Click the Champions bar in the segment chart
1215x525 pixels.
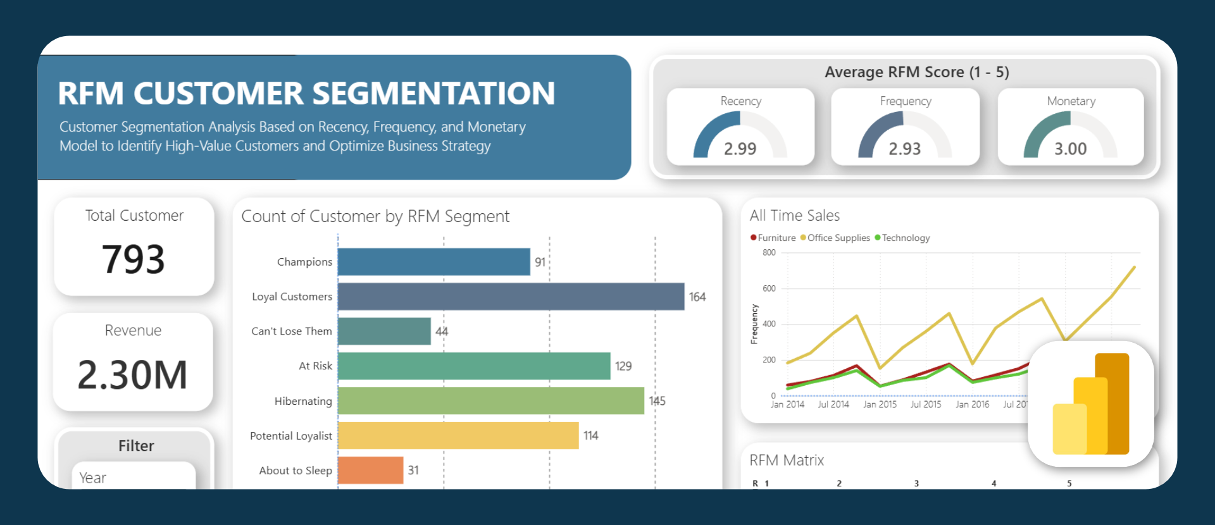[433, 262]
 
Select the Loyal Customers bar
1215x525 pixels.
[511, 297]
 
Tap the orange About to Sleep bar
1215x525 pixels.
[370, 470]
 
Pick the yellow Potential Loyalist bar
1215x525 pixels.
[458, 435]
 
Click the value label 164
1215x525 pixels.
[697, 297]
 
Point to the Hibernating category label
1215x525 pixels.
[303, 401]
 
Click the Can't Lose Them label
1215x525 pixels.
[291, 331]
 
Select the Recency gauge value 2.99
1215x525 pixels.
[740, 149]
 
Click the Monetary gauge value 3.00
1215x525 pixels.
[1070, 149]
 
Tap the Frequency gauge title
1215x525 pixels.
[906, 101]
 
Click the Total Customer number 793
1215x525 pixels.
[134, 259]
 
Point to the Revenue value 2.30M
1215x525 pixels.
[132, 374]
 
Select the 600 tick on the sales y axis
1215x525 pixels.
[769, 288]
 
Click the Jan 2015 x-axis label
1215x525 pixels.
[880, 404]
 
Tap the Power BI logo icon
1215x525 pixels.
[1091, 404]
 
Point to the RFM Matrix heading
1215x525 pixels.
[787, 460]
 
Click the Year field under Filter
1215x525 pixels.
[134, 478]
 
